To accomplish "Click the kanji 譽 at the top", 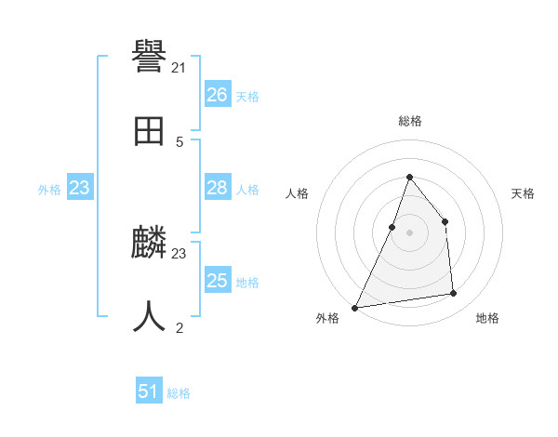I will (x=150, y=58).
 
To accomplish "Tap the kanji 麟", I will (x=150, y=244).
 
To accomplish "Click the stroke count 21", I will (x=179, y=68).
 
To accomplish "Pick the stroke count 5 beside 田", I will (x=179, y=142).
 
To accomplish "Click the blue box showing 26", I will (x=217, y=95).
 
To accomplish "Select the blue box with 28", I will (x=217, y=188).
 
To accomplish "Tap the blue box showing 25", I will (x=217, y=281).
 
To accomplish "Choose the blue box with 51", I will (x=149, y=391).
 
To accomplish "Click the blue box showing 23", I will (x=79, y=188).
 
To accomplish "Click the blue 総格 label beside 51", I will (x=179, y=393).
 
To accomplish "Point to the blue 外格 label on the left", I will (x=49, y=190).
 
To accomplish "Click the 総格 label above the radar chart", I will (x=409, y=121).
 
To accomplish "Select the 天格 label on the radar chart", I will (x=523, y=193).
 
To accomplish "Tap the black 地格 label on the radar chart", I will (x=487, y=318).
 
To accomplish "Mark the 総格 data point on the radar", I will (x=409, y=177).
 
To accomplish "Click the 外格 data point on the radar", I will (x=354, y=307).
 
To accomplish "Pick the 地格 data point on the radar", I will (x=454, y=294).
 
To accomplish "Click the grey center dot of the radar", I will (x=409, y=232).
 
